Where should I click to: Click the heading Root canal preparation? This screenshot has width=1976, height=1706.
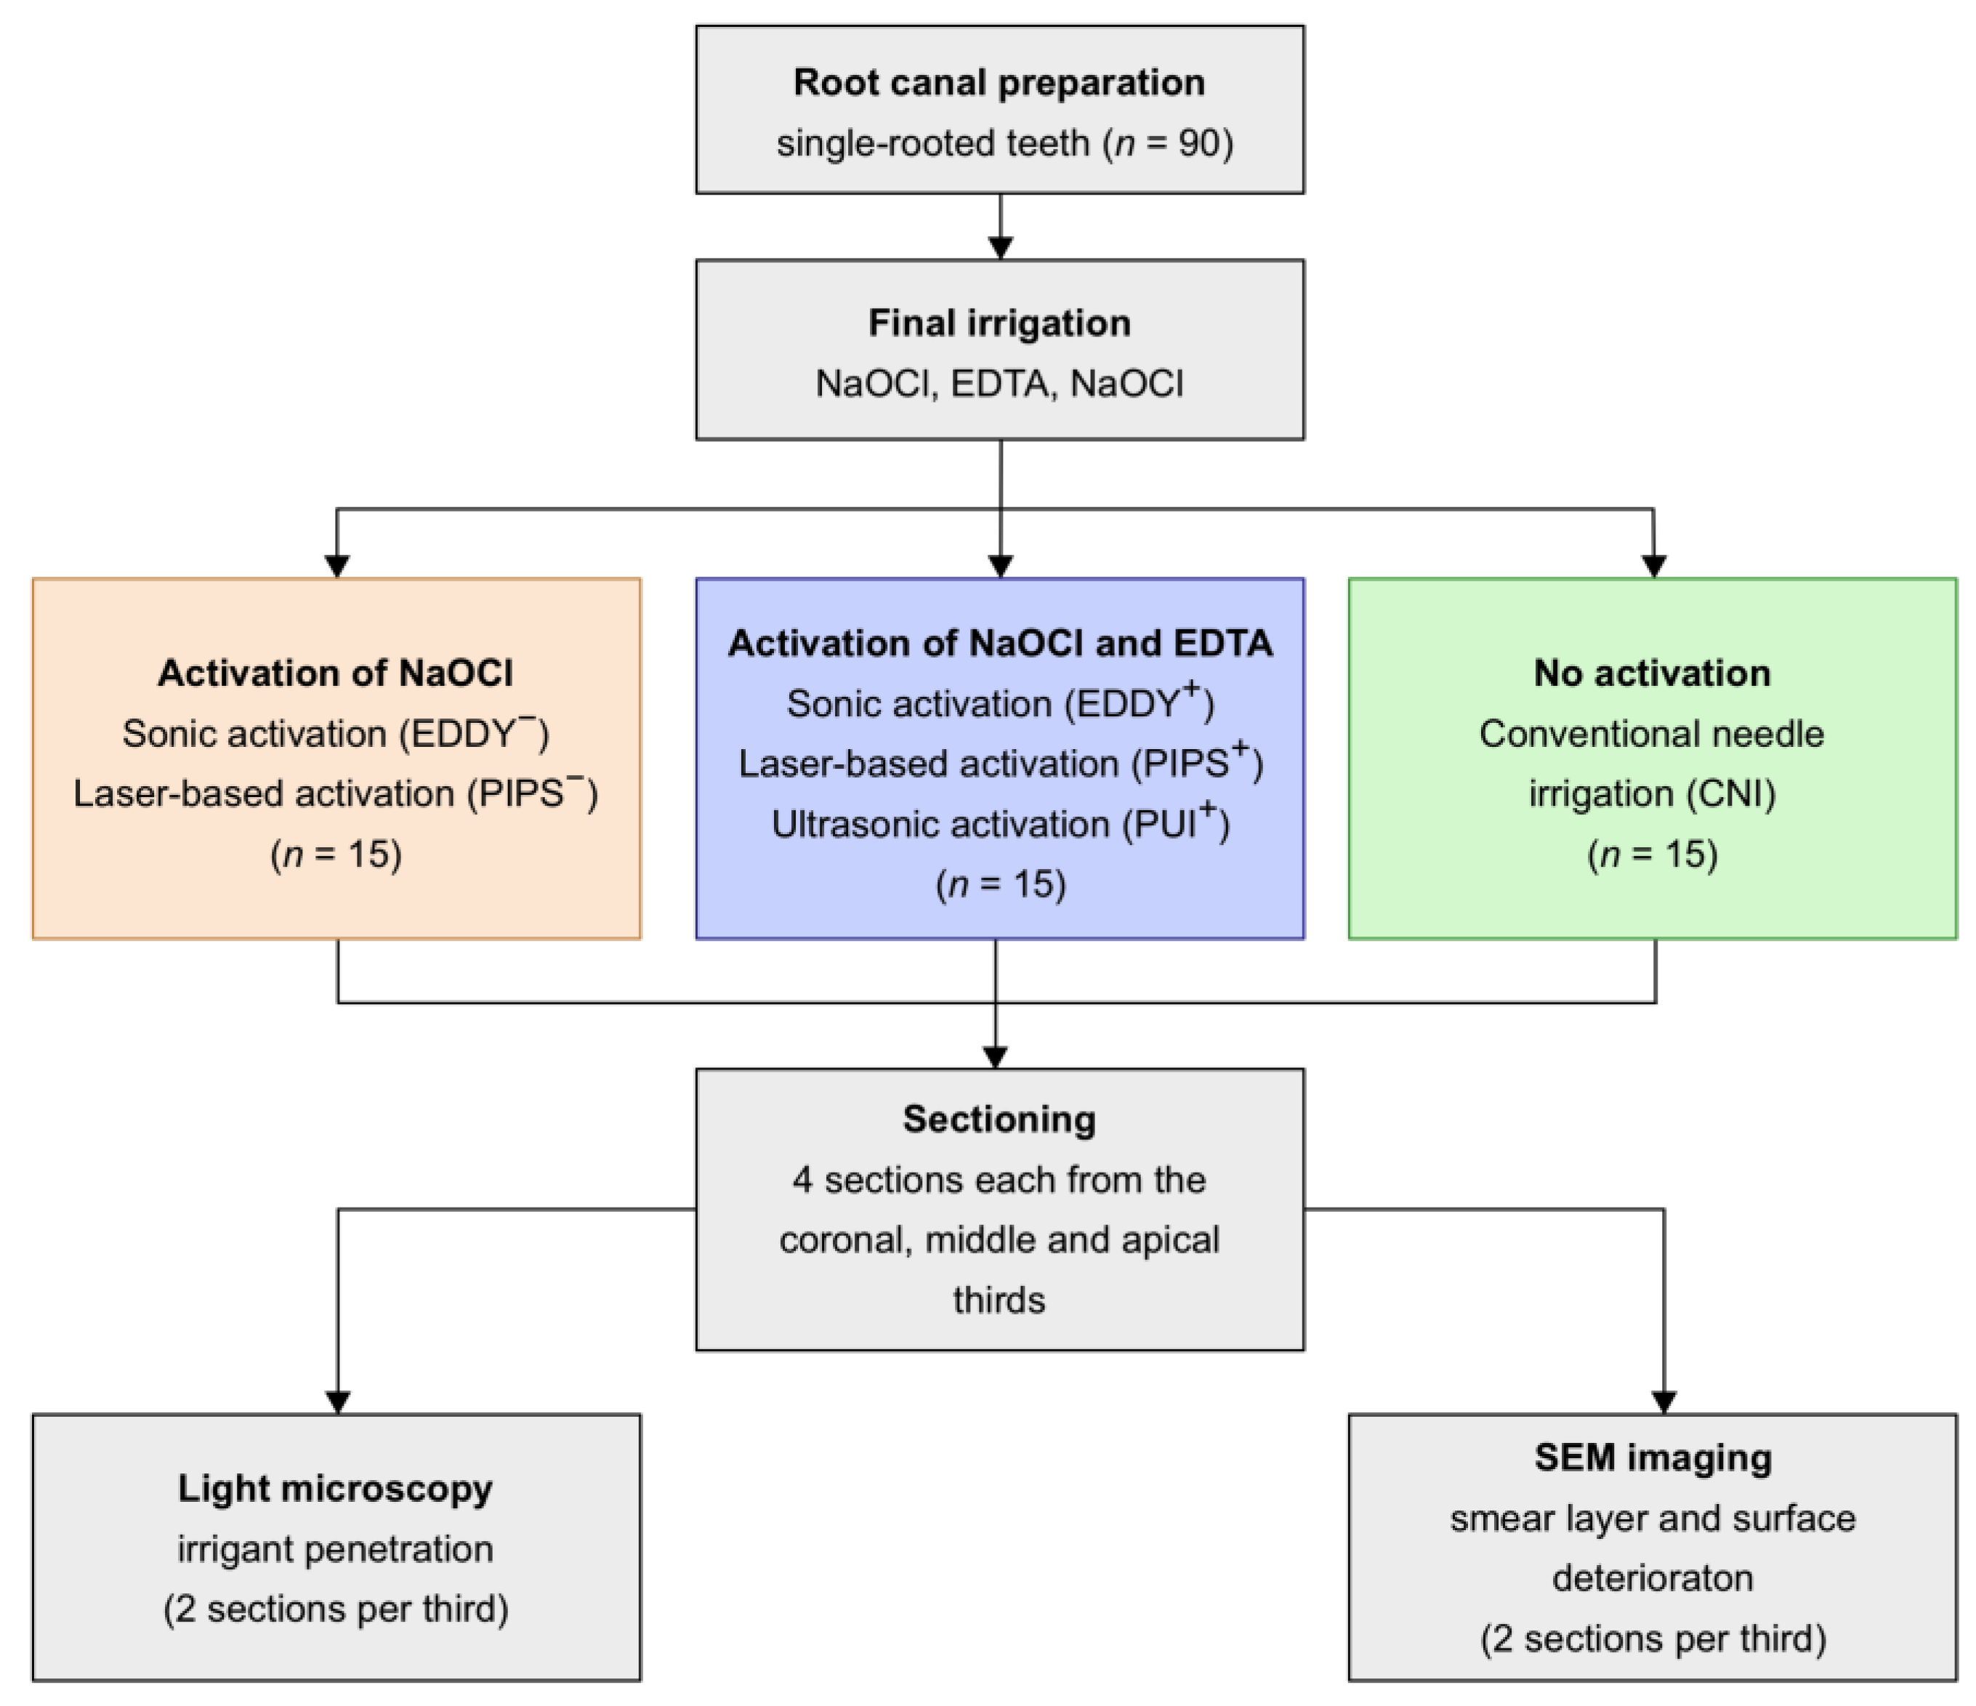999,83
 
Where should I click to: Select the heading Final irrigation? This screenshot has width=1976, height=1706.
999,323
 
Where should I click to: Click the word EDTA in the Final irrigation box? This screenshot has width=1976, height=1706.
999,384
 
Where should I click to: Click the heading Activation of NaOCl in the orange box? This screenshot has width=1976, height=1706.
335,674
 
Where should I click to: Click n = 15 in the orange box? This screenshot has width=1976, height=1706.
336,854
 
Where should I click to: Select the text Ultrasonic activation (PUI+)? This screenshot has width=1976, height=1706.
999,824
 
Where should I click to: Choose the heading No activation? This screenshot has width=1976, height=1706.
1652,674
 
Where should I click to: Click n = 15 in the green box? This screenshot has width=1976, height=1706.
1652,854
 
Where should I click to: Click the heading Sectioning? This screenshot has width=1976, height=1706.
999,1120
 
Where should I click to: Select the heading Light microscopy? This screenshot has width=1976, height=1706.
335,1489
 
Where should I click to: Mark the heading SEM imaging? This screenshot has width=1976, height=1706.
1653,1458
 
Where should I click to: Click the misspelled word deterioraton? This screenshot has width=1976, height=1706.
1652,1578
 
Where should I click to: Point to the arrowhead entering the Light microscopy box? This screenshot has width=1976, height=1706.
338,1402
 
